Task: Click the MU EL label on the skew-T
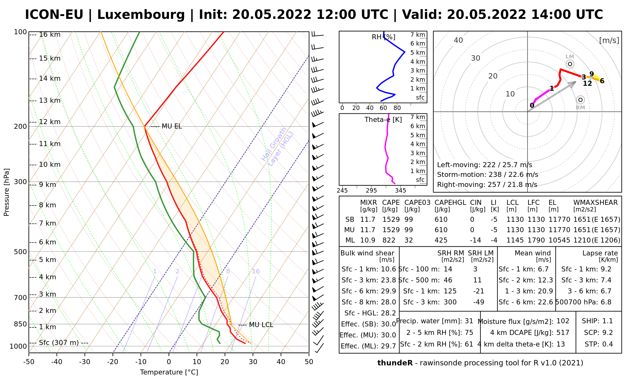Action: point(171,127)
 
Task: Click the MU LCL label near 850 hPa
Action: point(261,325)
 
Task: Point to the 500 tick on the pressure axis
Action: point(20,252)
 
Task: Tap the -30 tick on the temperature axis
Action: point(85,362)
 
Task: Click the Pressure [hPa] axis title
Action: point(7,192)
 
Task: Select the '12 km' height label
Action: point(50,122)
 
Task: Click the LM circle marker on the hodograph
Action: point(570,64)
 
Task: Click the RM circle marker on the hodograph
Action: point(580,100)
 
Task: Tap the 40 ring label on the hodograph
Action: point(458,40)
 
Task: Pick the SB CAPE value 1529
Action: point(391,220)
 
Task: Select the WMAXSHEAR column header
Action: point(595,203)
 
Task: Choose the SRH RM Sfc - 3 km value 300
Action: point(450,302)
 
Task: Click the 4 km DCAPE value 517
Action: point(563,333)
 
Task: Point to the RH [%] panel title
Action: point(383,37)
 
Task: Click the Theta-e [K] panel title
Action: point(383,120)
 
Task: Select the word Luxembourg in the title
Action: point(141,15)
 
